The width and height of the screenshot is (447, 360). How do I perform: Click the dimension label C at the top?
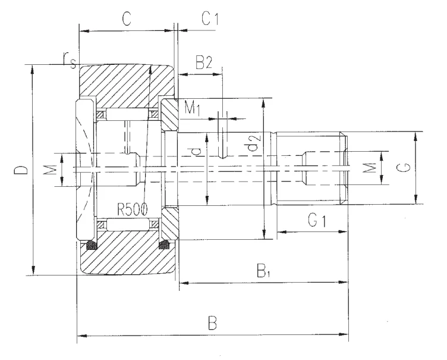point(127,19)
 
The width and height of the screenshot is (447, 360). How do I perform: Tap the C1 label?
point(210,18)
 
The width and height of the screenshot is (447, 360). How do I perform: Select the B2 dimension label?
point(204,62)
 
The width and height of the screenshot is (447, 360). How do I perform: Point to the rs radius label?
point(70,60)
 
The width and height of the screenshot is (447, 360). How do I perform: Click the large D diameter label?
point(21,170)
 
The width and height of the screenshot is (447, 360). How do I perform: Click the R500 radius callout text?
point(133,210)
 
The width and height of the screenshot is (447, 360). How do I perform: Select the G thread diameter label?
point(404,167)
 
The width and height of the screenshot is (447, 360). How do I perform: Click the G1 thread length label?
point(317,220)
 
